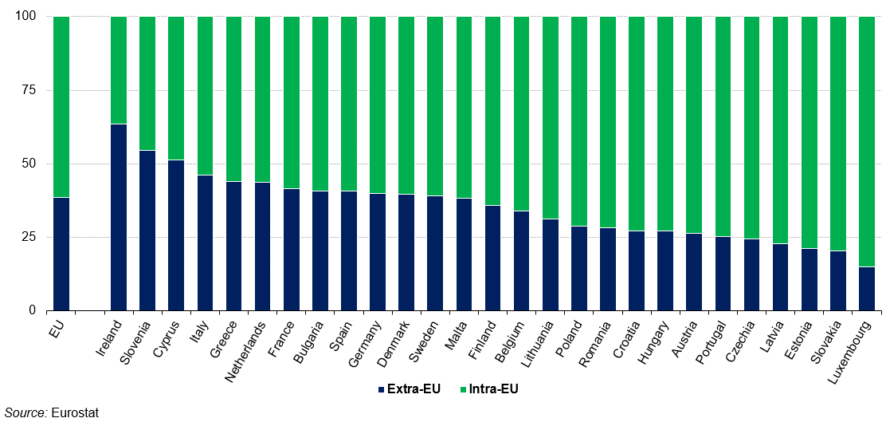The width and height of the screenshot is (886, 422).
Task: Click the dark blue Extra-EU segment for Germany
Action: tap(378, 251)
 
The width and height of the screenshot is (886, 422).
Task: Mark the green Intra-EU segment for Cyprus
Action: tap(176, 88)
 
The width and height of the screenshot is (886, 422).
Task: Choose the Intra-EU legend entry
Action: tap(489, 389)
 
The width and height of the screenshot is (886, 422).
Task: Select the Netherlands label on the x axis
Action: tap(248, 352)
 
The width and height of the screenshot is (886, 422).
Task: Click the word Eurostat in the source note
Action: tap(75, 413)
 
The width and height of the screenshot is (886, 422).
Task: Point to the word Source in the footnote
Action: tap(25, 413)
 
